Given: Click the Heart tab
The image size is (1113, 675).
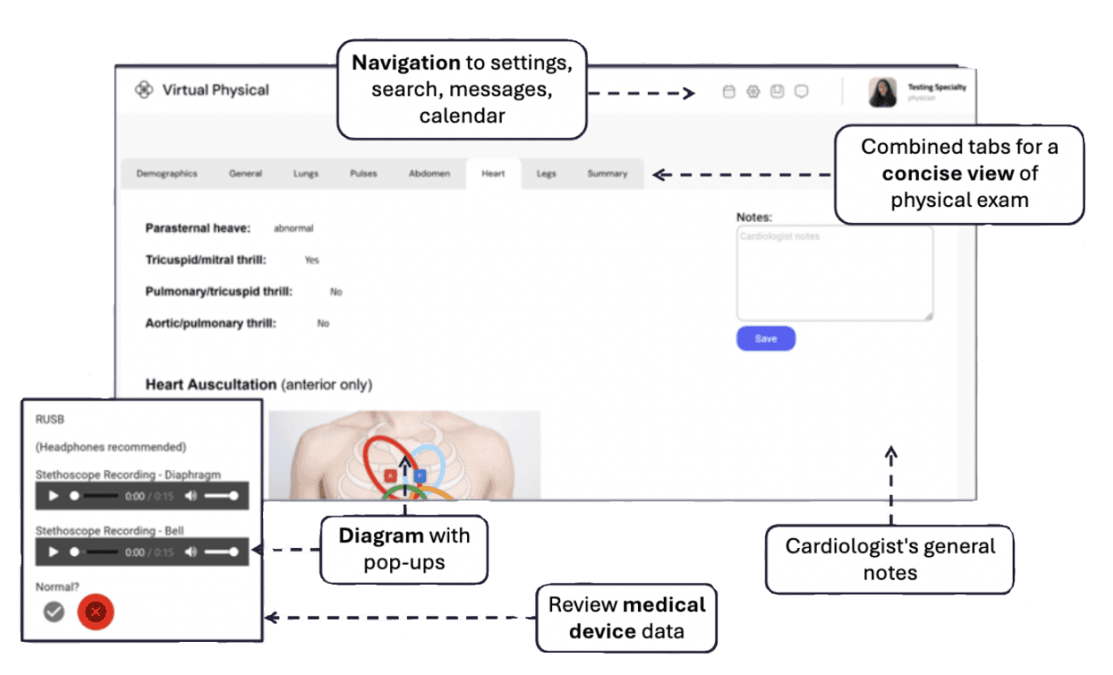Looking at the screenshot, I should tap(493, 174).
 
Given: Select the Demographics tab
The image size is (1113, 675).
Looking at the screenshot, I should tap(166, 174).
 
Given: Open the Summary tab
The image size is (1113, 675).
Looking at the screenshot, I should tap(607, 174).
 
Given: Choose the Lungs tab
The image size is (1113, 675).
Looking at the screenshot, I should tap(305, 174).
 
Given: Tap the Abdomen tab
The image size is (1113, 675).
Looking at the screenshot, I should tap(429, 174).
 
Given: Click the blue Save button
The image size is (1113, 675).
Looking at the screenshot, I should tap(765, 338).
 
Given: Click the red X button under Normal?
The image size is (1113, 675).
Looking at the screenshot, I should tap(96, 612).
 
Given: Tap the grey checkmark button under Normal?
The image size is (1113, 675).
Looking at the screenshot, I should tap(55, 611).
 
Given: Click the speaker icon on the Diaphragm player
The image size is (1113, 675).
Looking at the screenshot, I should tap(191, 495).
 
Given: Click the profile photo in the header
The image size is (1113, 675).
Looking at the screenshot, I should tap(882, 92).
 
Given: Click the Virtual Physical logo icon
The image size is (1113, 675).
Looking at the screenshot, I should tap(143, 90).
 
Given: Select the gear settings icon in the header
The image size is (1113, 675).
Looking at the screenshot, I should tap(752, 91).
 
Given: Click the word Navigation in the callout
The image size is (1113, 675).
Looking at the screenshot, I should tap(405, 63).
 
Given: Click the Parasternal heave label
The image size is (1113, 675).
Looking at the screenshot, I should tap(198, 228).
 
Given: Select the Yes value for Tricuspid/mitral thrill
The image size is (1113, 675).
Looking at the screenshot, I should tap(311, 260).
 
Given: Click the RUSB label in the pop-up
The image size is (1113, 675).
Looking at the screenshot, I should tap(50, 418).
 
